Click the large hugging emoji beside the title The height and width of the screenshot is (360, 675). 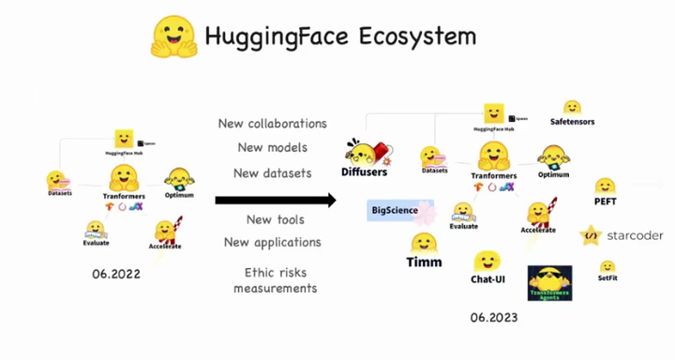(173, 37)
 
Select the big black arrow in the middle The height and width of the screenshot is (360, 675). (275, 200)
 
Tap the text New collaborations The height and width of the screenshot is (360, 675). (272, 124)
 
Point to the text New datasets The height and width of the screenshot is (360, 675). (272, 172)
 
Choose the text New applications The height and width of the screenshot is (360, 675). (272, 243)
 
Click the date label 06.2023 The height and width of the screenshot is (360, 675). (493, 318)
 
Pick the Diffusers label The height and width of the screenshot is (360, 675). (364, 172)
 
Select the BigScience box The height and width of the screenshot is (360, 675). (395, 210)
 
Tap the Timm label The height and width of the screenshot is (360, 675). (425, 263)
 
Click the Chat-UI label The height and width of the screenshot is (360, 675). (488, 279)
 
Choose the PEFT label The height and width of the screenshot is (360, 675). (605, 201)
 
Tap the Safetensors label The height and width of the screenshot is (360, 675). (572, 122)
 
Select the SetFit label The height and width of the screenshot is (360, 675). (607, 277)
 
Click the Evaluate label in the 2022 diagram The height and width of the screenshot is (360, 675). (96, 243)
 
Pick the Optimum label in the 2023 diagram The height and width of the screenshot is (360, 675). (553, 174)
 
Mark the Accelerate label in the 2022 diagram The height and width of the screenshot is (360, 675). (165, 247)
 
